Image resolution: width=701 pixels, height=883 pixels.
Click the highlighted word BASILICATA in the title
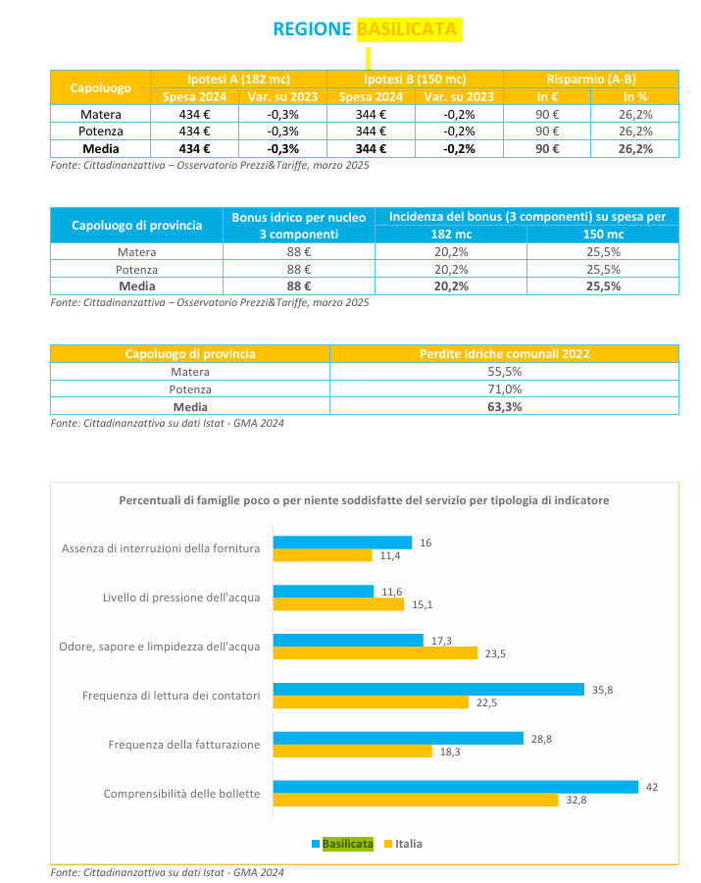[x=407, y=29]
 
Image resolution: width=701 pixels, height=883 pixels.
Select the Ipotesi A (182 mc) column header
[x=238, y=79]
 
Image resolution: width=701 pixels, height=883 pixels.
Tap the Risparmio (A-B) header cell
[x=591, y=79]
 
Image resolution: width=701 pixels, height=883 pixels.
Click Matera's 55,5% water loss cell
[x=505, y=372]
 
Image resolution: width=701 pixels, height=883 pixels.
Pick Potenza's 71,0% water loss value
[x=505, y=390]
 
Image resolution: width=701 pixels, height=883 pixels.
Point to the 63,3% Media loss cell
[x=505, y=406]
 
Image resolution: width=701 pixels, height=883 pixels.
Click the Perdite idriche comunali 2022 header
[x=505, y=353]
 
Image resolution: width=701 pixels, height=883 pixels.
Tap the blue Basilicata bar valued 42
[x=456, y=787]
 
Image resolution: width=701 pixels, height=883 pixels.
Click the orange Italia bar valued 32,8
[x=416, y=800]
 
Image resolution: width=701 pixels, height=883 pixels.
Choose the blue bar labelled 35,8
[x=428, y=689]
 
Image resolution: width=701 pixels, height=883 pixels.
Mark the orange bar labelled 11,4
[x=323, y=555]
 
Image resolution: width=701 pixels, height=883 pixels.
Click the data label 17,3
[x=441, y=641]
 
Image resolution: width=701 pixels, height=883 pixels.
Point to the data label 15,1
[x=422, y=604]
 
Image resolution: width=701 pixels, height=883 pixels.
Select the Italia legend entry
[x=403, y=844]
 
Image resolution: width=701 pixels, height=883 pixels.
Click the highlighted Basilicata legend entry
[x=342, y=844]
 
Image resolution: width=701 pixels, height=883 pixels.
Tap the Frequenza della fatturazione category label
[x=184, y=745]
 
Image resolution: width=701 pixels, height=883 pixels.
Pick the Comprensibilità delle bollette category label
[x=181, y=794]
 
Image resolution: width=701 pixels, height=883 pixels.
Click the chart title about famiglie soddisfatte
[x=364, y=500]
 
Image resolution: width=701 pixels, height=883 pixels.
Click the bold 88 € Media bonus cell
[x=299, y=286]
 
